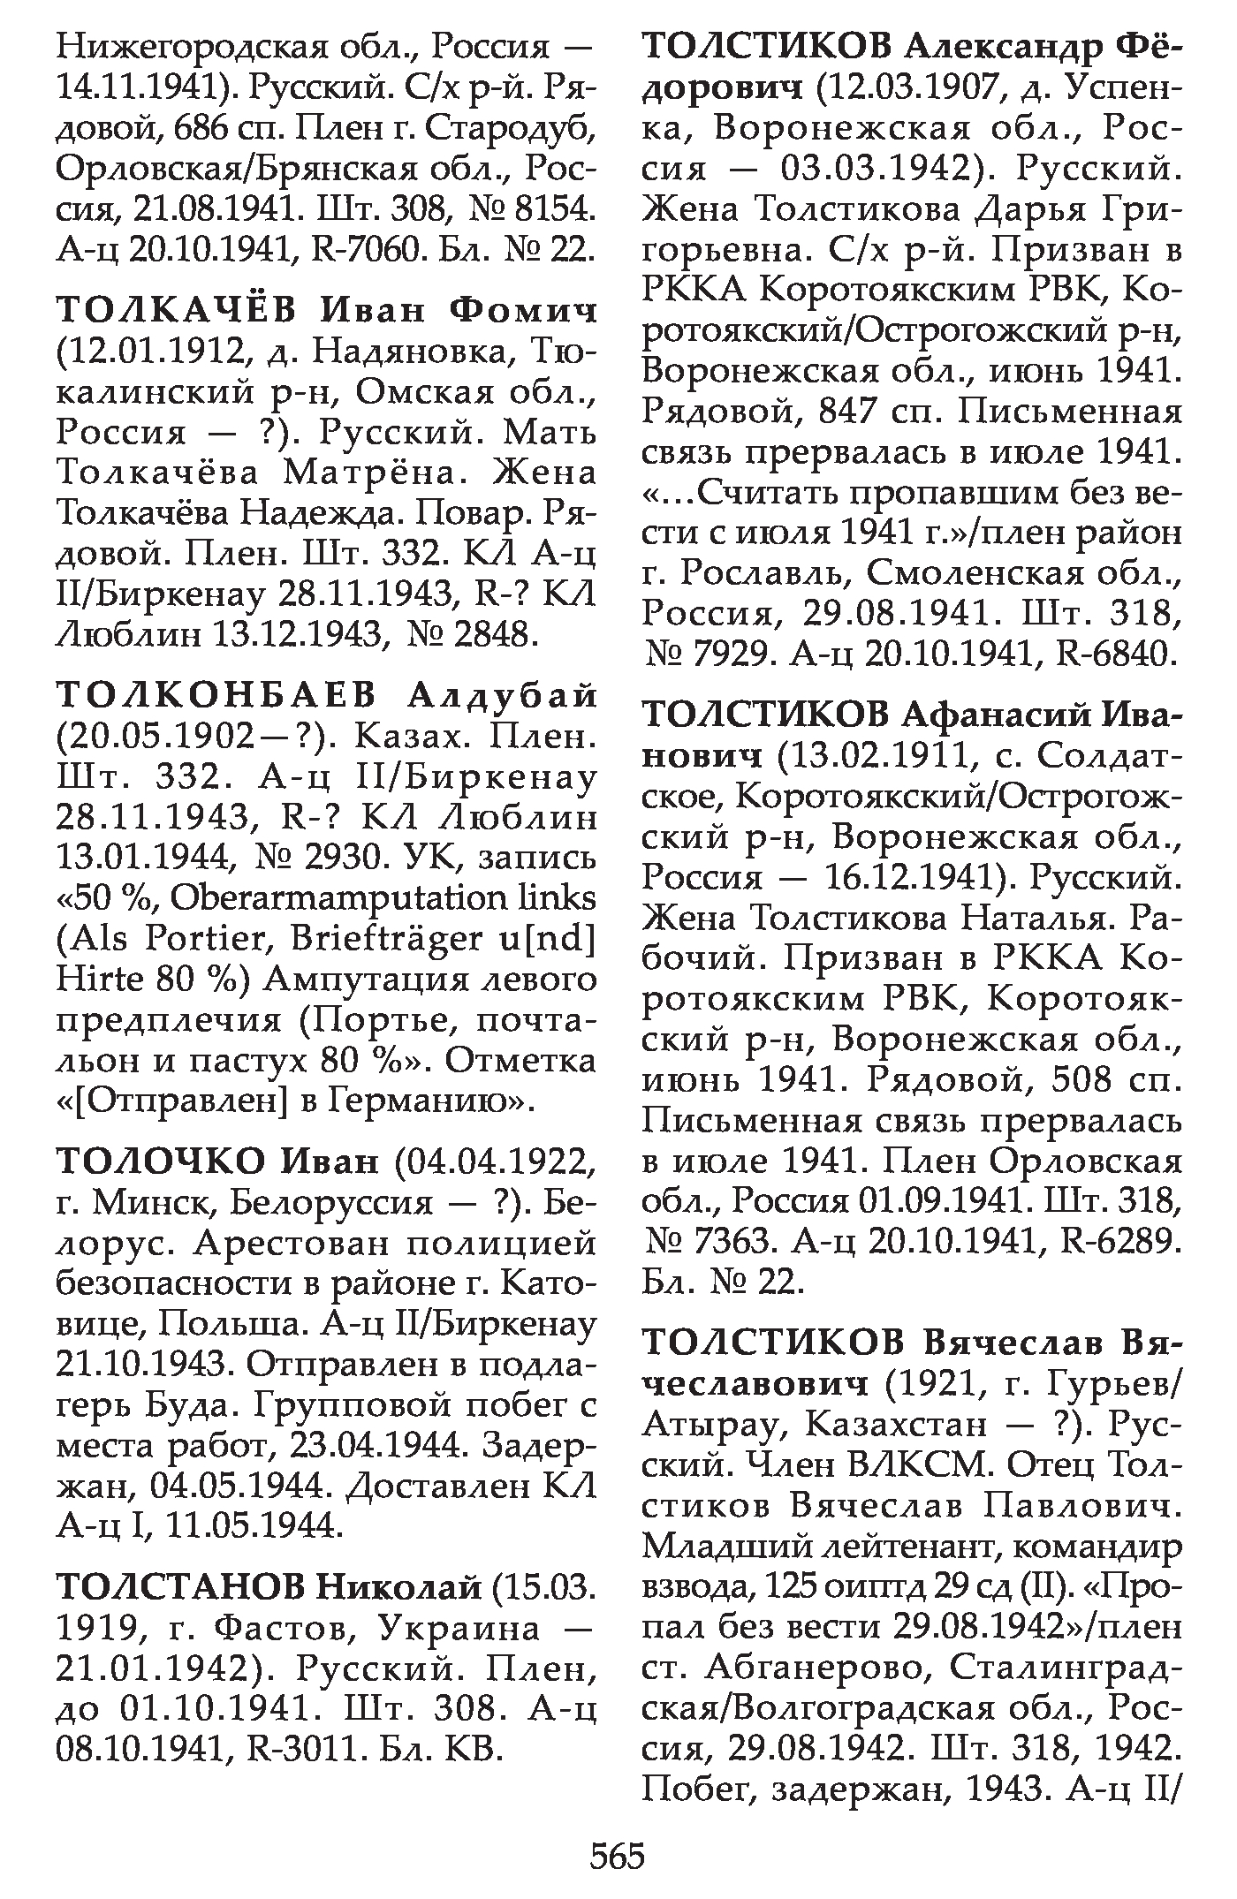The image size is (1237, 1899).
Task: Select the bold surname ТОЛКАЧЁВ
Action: pos(177,310)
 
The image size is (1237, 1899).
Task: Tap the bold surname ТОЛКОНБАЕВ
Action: pos(216,696)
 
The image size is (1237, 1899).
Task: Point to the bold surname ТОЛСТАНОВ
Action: pos(181,1586)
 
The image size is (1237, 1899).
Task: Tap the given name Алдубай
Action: pos(501,696)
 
